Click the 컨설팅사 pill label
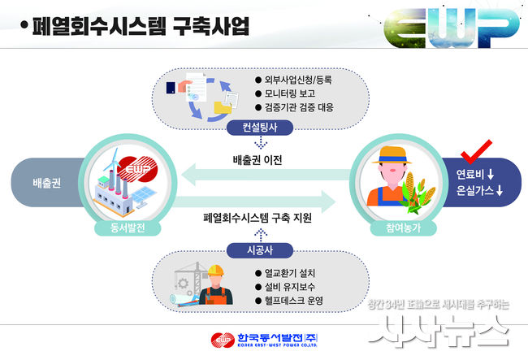(260, 128)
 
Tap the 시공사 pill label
(260, 250)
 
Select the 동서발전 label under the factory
(128, 228)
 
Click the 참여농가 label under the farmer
(404, 228)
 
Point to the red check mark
(475, 152)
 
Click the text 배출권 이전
(258, 160)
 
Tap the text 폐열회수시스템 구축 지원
(258, 218)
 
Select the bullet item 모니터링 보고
(285, 93)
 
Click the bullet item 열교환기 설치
(285, 273)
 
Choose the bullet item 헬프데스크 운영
(289, 301)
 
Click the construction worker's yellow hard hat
(216, 271)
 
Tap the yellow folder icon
(223, 107)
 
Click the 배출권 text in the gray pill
(47, 183)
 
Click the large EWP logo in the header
(451, 28)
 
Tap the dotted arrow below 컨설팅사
(261, 142)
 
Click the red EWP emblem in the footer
(223, 340)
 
